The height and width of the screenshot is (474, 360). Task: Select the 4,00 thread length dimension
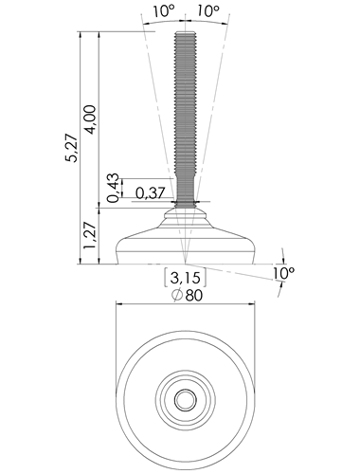tap(91, 119)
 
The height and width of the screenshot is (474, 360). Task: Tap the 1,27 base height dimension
tap(89, 235)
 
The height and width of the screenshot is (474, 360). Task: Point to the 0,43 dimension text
tap(114, 188)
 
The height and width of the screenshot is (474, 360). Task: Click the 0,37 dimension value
tap(151, 192)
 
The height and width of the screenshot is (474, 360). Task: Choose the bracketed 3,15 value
tap(186, 278)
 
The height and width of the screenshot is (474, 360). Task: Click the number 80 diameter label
tap(194, 295)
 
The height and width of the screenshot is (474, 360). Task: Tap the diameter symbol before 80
tap(177, 295)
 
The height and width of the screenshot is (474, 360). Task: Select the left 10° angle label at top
tap(164, 11)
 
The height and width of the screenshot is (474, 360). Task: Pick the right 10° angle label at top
tap(208, 11)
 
